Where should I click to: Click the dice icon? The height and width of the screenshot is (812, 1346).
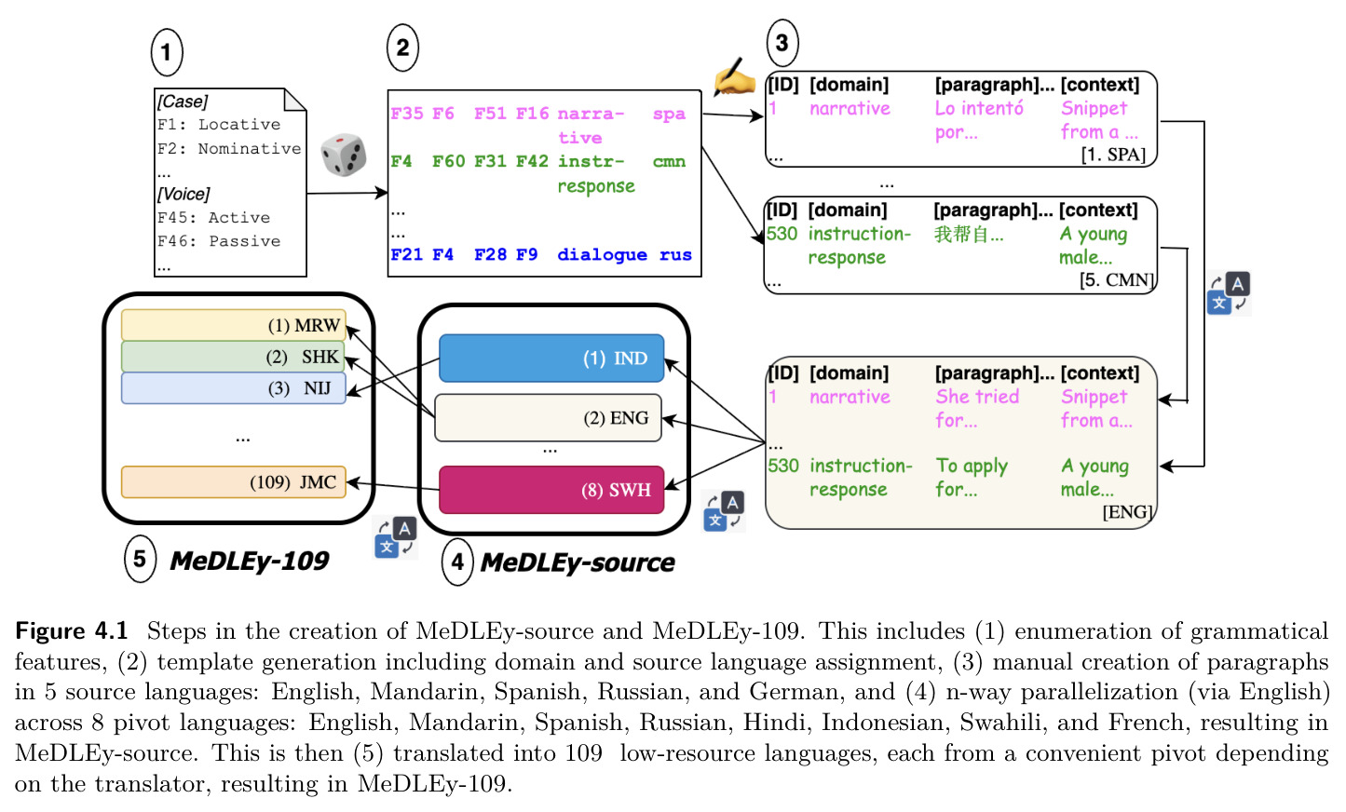343,155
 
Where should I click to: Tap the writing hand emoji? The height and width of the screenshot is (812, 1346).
734,77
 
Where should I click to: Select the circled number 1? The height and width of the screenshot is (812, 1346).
167,52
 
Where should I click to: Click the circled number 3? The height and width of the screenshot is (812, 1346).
782,43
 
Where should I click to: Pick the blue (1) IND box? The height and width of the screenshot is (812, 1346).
551,358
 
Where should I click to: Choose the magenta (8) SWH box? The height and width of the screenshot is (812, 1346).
551,490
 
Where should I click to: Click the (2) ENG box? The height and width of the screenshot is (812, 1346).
548,417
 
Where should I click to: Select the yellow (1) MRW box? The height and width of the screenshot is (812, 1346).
233,325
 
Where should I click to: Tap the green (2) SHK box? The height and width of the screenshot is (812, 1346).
233,356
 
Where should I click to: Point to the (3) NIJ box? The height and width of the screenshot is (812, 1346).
233,388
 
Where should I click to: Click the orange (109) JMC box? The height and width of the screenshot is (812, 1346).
233,481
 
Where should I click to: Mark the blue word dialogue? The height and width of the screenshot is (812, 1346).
602,255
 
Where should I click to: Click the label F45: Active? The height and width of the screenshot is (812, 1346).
214,217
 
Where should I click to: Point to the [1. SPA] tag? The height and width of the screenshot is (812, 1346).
1113,155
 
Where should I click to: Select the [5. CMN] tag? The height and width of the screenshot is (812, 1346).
1117,280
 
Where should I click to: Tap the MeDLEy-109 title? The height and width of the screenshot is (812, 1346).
250,561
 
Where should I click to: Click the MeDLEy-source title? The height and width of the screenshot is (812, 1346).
578,562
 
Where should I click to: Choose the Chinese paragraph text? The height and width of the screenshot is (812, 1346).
969,234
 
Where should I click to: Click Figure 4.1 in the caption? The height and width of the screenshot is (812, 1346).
72,630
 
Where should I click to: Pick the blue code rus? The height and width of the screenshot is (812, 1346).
675,255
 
